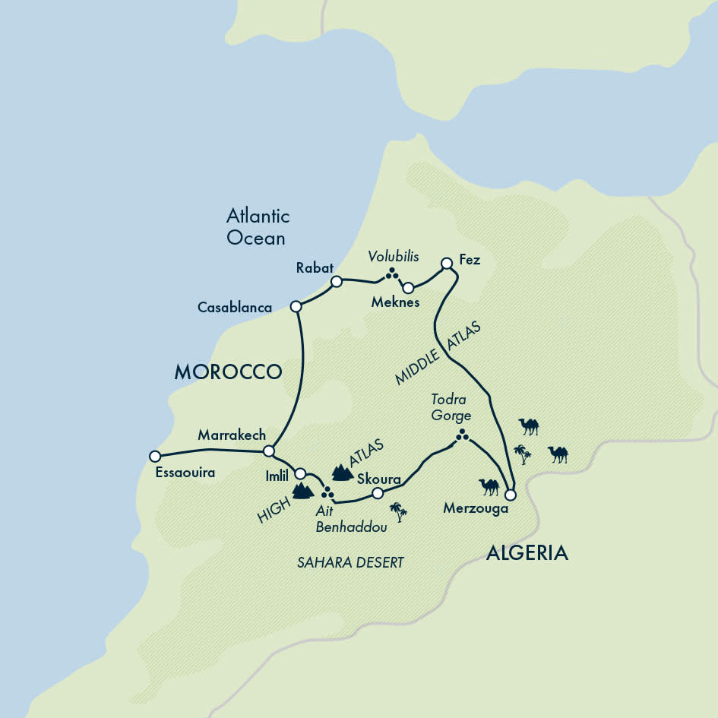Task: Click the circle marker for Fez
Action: (x=447, y=264)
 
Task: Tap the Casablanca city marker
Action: (x=296, y=306)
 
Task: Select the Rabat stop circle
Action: (x=336, y=281)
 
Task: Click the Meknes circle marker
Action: (x=408, y=288)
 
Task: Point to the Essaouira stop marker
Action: (x=155, y=456)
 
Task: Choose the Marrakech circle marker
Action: (x=267, y=451)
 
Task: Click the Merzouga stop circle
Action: (x=511, y=495)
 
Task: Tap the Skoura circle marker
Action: (x=378, y=493)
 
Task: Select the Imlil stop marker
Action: (x=300, y=473)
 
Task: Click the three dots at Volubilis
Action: (x=392, y=274)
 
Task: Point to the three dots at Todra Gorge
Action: (x=461, y=435)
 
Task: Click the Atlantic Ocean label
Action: (x=258, y=226)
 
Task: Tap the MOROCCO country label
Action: (x=228, y=372)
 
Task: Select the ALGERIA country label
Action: (x=527, y=552)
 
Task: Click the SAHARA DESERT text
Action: (x=350, y=562)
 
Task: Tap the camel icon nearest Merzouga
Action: (x=489, y=486)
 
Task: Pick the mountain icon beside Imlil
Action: (x=303, y=490)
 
